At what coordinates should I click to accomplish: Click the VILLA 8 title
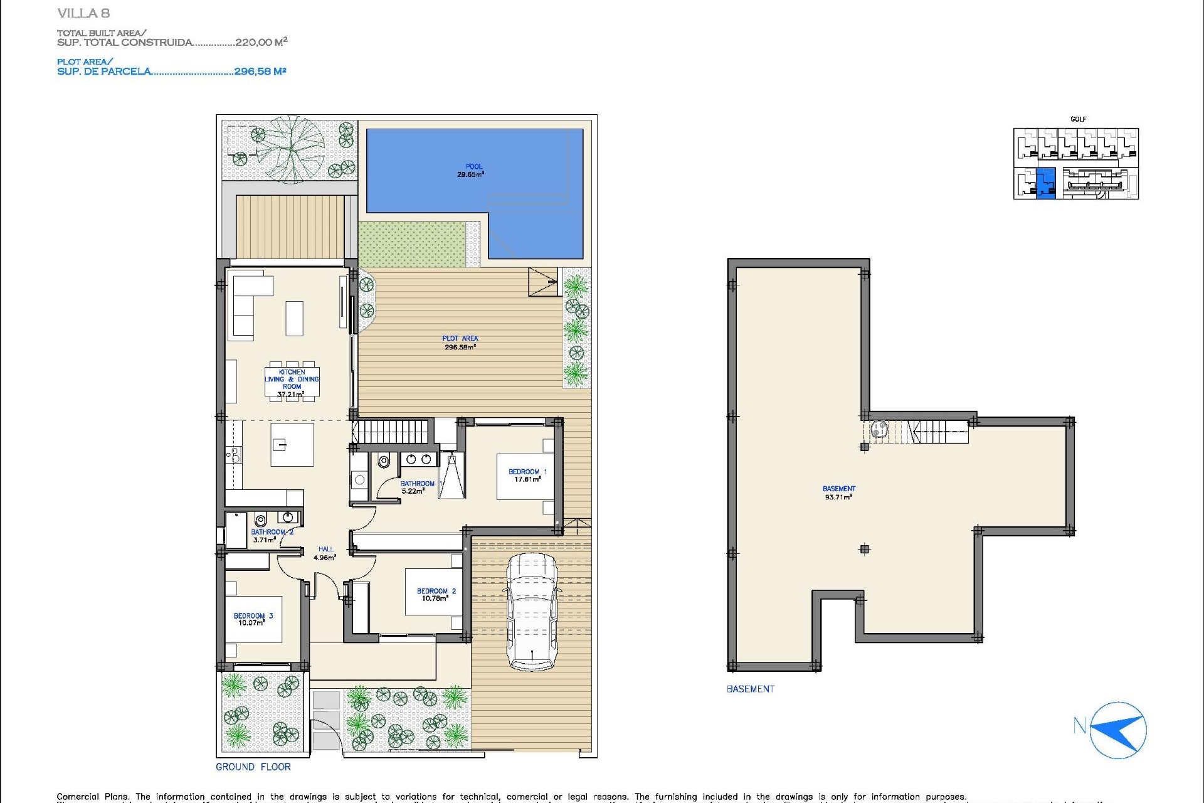83,13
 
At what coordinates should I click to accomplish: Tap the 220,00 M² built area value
261,42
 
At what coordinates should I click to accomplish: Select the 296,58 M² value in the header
260,72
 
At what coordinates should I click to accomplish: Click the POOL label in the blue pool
473,167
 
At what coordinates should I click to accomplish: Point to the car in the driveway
532,612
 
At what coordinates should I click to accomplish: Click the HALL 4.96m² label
325,553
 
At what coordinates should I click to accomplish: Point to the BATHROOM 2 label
272,532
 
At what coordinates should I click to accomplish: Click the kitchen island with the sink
292,445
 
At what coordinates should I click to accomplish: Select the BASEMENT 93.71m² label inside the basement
838,492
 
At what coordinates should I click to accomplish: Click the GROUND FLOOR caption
253,767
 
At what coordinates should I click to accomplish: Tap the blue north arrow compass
1118,730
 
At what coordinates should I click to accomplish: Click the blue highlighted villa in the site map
1046,184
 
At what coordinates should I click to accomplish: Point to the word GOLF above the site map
1078,119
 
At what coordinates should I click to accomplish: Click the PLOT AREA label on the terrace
460,343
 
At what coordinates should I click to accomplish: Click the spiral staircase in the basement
879,430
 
